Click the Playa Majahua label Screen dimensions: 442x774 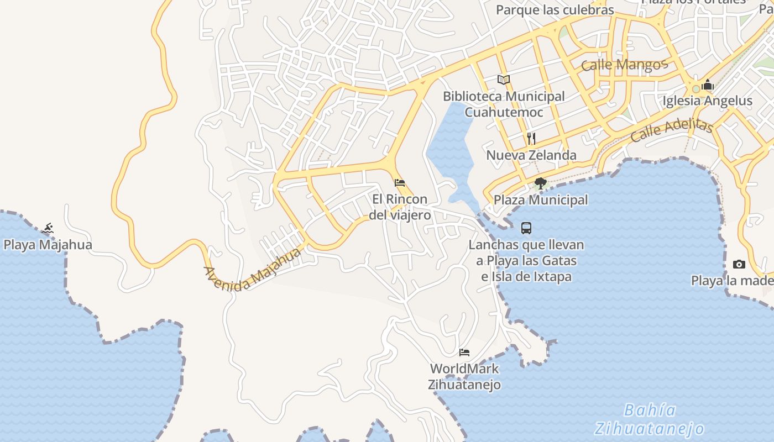click(48, 244)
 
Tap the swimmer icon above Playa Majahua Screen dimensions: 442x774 click(48, 228)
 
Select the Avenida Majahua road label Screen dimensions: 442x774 click(252, 270)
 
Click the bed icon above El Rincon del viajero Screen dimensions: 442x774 click(400, 183)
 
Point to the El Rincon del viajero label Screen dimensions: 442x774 click(400, 207)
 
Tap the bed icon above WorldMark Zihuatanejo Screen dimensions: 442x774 click(464, 352)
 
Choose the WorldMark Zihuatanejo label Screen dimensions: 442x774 click(464, 376)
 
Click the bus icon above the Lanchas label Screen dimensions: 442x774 click(526, 228)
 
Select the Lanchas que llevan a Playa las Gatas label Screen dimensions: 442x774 click(526, 260)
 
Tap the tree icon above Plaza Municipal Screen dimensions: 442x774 click(541, 183)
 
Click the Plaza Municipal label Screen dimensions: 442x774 click(541, 199)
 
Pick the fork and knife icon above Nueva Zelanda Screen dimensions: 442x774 click(531, 138)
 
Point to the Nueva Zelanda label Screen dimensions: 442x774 click(531, 155)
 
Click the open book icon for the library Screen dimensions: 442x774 click(504, 80)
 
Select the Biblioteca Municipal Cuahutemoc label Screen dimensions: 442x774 click(504, 104)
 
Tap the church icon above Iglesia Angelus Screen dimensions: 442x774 click(708, 85)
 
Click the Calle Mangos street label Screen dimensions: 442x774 click(624, 65)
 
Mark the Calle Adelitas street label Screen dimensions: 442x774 click(671, 130)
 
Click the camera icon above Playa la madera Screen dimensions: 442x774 click(739, 265)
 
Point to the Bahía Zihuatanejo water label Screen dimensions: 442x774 click(650, 419)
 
